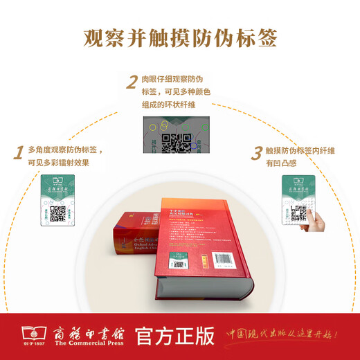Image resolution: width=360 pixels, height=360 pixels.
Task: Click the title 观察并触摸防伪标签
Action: tap(180, 37)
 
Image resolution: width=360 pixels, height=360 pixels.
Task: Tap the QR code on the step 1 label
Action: tap(57, 213)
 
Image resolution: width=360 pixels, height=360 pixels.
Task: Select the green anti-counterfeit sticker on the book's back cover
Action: tap(179, 262)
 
